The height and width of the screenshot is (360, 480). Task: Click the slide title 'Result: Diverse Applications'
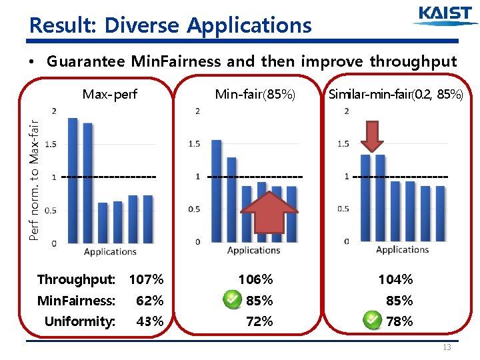click(171, 25)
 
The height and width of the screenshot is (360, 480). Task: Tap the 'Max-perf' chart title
click(109, 94)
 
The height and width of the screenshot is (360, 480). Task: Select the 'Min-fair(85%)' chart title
click(255, 94)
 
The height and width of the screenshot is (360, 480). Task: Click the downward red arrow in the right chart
click(373, 137)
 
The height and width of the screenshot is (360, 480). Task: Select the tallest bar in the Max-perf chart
click(73, 180)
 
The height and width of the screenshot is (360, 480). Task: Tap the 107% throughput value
click(146, 279)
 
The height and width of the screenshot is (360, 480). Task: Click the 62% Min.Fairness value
click(149, 301)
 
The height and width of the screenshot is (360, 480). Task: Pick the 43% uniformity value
click(149, 321)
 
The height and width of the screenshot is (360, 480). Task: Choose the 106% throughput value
click(255, 279)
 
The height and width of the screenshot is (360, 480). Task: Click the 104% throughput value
click(396, 279)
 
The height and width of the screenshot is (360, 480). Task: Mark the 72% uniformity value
click(259, 321)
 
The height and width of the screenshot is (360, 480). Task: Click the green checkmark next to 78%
click(373, 321)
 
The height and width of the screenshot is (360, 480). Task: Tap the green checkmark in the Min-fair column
click(231, 300)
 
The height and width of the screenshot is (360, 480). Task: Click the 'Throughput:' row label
click(76, 279)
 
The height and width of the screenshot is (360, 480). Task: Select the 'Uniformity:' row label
click(79, 321)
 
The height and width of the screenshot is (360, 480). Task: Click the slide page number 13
click(447, 347)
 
